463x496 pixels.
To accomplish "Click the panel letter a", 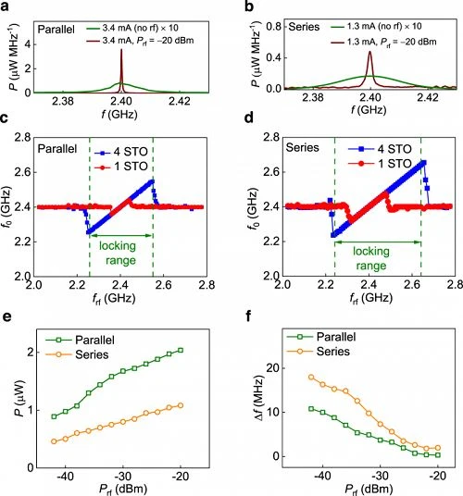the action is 5,6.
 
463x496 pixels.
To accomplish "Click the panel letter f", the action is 249,316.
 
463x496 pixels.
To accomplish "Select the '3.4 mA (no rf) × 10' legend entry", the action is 132,28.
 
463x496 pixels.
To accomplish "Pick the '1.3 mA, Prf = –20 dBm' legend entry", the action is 384,42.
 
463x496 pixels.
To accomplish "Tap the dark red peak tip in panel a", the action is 121,49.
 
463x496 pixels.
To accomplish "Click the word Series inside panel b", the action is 304,27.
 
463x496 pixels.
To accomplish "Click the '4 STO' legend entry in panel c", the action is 121,152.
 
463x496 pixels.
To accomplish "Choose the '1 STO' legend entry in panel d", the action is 380,163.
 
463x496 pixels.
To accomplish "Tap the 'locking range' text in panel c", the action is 118,253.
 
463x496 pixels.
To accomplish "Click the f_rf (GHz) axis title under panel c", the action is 114,298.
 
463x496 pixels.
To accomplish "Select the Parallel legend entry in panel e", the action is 80,340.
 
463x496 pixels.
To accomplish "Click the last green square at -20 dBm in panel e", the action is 181,350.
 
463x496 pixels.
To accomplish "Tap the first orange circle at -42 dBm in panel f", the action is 311,377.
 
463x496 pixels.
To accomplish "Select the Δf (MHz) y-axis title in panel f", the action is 259,399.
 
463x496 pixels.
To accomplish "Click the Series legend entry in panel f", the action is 319,352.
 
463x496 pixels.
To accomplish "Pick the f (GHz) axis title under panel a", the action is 119,114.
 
